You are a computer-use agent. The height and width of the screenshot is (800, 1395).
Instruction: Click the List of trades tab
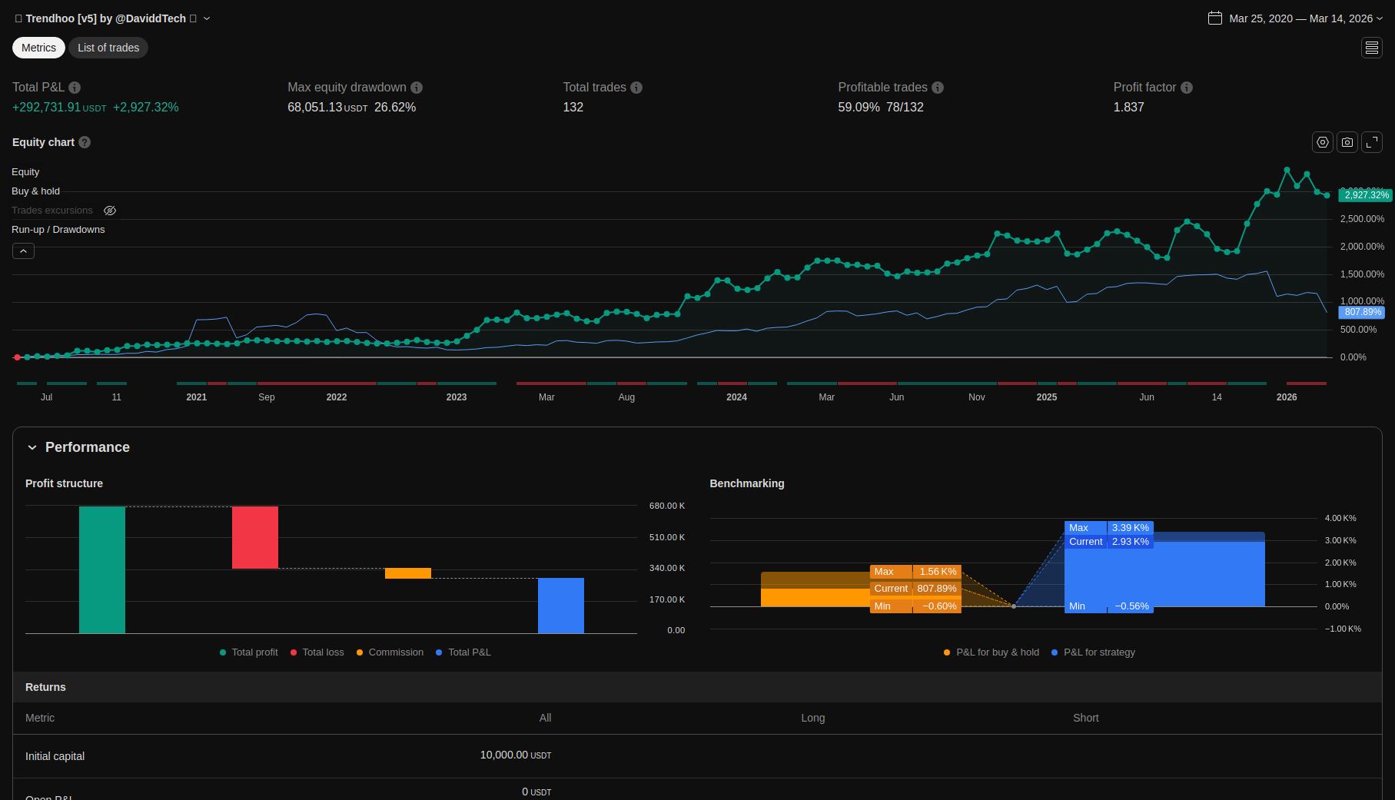tap(108, 48)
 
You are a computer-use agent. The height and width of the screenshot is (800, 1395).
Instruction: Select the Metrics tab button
tap(38, 48)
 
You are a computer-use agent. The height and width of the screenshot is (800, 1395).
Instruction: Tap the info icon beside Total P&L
tap(75, 88)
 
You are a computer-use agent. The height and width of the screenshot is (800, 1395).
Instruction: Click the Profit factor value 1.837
tap(1128, 108)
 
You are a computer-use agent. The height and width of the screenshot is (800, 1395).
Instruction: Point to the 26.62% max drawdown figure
tap(395, 108)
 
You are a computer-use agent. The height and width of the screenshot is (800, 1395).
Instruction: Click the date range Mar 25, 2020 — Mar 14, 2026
tap(1300, 18)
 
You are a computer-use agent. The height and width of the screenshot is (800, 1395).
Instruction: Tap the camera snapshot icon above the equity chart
tap(1347, 142)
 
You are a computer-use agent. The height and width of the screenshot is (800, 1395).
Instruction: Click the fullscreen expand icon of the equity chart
tap(1372, 142)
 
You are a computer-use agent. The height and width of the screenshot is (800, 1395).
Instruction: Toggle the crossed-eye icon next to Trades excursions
tap(110, 211)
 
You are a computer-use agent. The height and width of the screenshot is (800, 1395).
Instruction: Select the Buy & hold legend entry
tap(35, 191)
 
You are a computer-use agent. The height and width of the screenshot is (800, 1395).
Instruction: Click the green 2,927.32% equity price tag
tap(1366, 195)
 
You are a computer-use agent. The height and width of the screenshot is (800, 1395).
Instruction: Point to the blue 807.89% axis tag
tap(1363, 312)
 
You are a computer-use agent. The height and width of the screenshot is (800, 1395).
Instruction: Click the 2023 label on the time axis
tap(457, 397)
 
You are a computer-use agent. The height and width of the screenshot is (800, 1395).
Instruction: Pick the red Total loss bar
tap(255, 537)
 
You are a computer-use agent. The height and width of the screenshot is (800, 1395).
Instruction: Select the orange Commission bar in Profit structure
tap(408, 573)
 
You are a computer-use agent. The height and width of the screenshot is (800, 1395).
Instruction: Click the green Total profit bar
tap(102, 569)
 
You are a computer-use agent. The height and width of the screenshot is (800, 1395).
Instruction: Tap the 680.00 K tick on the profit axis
tap(666, 506)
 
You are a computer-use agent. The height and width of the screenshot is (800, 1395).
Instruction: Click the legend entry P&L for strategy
tap(1098, 652)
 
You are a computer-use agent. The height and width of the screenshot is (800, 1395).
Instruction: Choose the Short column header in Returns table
tap(1085, 718)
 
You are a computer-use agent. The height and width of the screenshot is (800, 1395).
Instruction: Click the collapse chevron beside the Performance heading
tap(32, 447)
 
